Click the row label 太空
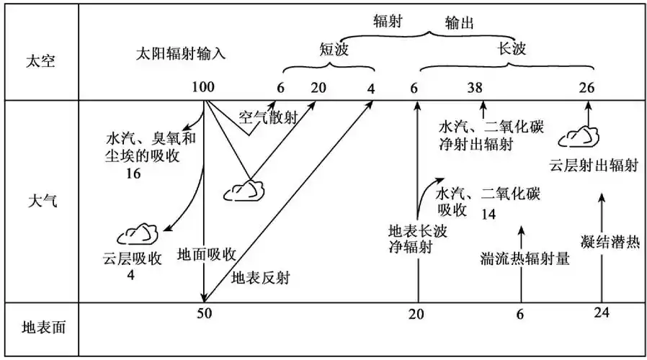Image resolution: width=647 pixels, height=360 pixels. pos(40,60)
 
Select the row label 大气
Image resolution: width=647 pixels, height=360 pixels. pos(40,200)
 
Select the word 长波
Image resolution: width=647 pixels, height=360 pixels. pos(512,49)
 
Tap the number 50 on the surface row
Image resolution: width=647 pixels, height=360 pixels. pos(205,312)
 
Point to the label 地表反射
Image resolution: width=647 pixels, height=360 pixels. pos(260,277)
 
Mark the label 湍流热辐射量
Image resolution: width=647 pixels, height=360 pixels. pos(525,259)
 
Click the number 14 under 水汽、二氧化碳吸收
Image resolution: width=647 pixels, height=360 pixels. pos(488,215)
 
